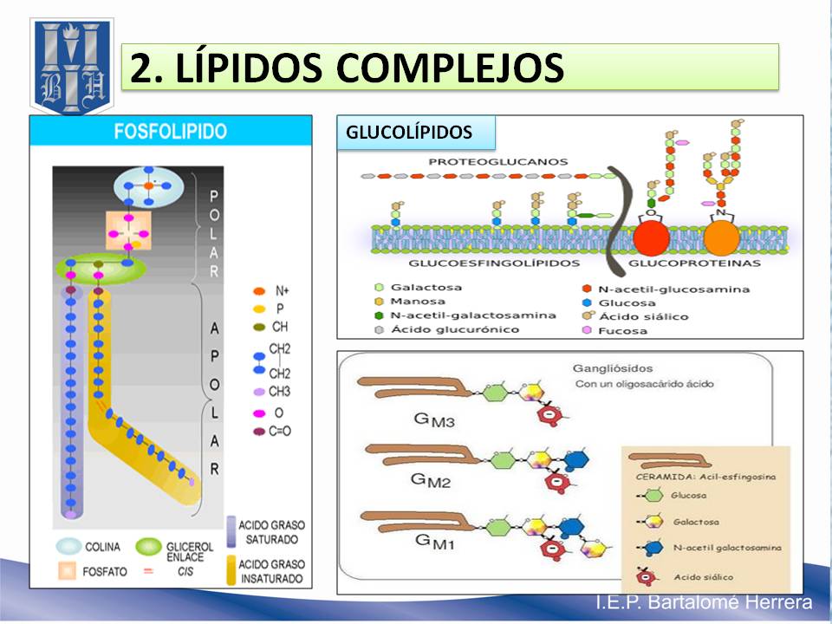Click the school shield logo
[x=72, y=67]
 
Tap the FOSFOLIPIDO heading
[x=170, y=132]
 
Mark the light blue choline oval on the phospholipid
[x=148, y=186]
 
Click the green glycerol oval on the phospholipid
[x=101, y=268]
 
